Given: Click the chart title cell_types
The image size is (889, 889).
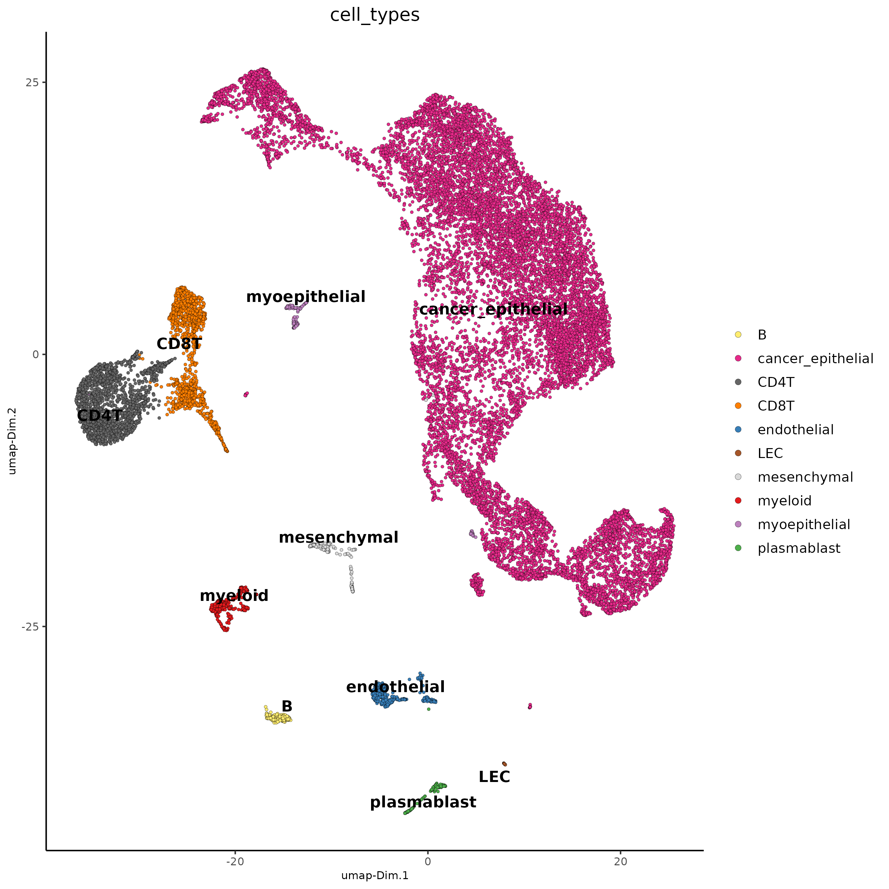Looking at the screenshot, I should (x=375, y=15).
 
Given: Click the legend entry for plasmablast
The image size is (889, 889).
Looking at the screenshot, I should (x=798, y=549).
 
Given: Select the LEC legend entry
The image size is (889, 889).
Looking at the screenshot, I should (x=770, y=454).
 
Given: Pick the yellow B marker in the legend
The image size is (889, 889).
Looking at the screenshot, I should (x=738, y=335).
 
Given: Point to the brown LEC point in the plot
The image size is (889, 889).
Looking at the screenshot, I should (x=504, y=764).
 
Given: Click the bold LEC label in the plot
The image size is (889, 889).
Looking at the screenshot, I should (x=494, y=777).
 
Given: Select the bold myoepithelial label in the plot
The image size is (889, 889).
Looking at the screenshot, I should (x=306, y=297).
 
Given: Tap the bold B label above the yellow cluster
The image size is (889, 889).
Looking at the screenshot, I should (x=287, y=706).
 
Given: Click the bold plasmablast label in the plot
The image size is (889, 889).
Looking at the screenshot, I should (x=423, y=802).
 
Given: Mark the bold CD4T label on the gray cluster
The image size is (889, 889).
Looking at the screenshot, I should (x=99, y=416).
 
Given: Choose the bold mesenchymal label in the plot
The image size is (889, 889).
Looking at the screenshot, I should (x=338, y=537).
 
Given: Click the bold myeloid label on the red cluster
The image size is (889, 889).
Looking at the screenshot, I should (x=234, y=596).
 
